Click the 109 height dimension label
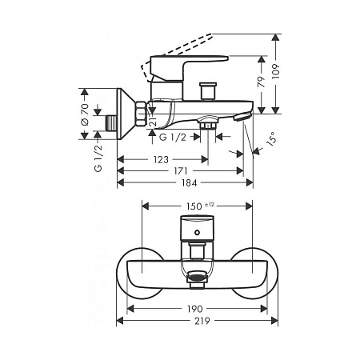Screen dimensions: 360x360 coord(276,71)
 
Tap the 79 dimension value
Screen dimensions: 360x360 coord(262,82)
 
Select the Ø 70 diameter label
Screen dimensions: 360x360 coord(85,114)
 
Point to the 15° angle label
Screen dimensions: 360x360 coord(270,138)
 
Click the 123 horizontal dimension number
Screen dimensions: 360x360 coord(161,160)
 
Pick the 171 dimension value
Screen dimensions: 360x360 coord(181,171)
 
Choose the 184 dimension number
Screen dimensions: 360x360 coord(189,183)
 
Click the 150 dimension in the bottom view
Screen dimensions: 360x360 coord(194,206)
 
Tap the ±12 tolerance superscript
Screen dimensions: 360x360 coord(210,205)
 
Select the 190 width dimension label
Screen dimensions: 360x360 coord(194,309)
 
